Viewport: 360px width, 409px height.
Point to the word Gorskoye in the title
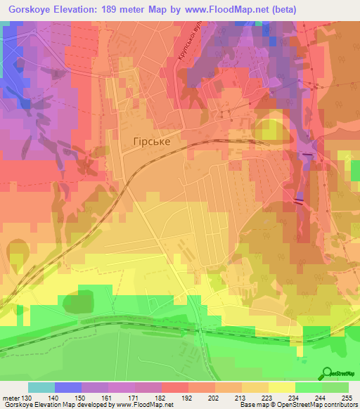click(30, 10)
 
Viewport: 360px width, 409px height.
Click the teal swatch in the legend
click(41, 387)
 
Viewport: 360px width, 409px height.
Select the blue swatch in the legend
click(68, 387)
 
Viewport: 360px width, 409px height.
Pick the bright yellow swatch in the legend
click(281, 387)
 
